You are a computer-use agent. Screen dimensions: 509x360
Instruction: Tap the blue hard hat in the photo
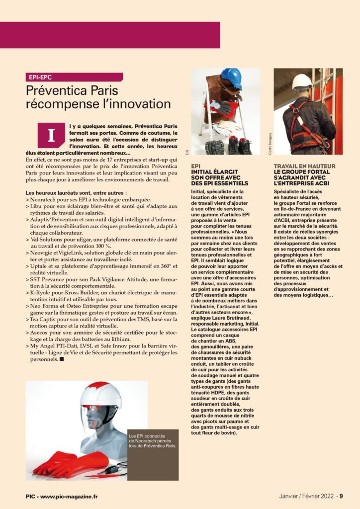[x=231, y=79]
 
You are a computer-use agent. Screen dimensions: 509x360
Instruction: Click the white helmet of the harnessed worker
[x=302, y=81]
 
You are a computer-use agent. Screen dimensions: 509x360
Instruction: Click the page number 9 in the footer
[x=342, y=496]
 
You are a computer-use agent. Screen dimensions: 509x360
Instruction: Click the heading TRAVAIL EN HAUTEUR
[x=304, y=166]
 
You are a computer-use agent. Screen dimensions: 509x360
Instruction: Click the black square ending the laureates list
[x=62, y=358]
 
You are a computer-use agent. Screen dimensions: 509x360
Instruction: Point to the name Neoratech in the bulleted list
[x=45, y=199]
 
